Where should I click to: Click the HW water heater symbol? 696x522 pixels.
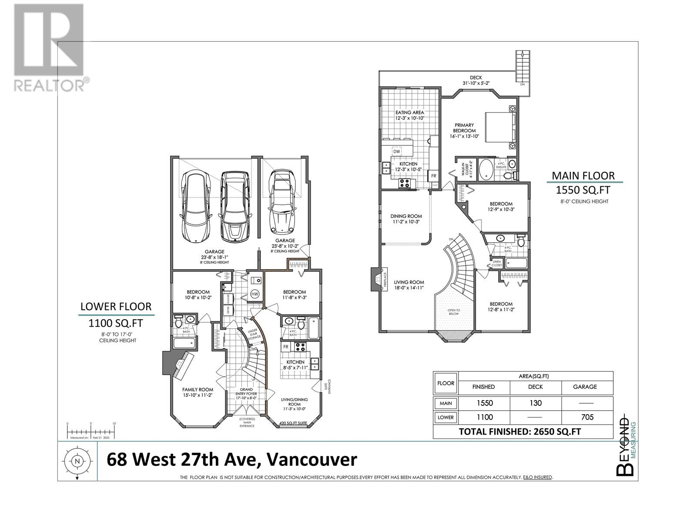(255, 294)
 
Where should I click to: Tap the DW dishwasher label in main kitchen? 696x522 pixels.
(396, 151)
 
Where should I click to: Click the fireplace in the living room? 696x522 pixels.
(375, 279)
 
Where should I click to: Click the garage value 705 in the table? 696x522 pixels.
(587, 417)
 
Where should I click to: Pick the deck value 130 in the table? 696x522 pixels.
(535, 403)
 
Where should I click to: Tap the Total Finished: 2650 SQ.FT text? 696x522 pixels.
(520, 432)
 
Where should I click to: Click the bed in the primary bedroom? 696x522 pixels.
(500, 126)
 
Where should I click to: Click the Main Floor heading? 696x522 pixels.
(583, 176)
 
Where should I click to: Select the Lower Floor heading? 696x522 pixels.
(116, 307)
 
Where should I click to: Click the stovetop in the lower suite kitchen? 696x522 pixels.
(300, 347)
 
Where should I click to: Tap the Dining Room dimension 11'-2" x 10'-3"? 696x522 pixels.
(405, 222)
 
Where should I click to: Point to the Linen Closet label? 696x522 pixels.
(497, 264)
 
